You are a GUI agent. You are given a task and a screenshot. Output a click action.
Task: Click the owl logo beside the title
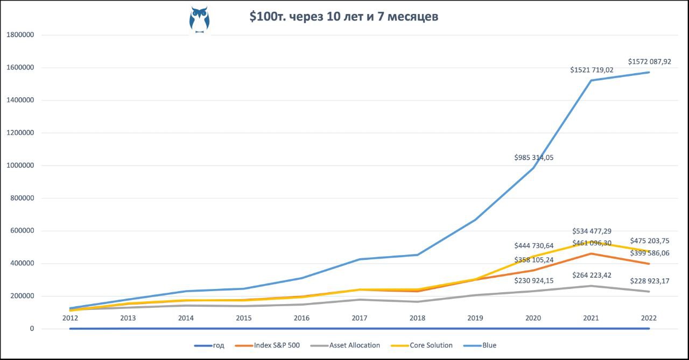199,20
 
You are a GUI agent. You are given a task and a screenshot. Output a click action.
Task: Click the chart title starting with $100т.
343,17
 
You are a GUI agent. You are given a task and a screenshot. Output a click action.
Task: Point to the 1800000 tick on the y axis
20,35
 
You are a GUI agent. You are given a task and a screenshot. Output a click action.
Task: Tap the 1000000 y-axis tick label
20,166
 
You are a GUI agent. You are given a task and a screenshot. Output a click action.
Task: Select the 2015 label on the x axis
244,318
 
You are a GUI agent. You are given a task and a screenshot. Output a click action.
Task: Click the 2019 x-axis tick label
475,318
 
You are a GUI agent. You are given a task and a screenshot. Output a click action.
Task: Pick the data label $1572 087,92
650,62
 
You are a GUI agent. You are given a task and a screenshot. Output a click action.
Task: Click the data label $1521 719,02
592,70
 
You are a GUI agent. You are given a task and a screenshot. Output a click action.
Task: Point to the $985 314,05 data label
534,158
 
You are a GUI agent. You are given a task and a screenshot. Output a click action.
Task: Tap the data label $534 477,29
592,231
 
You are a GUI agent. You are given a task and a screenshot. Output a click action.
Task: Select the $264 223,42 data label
592,276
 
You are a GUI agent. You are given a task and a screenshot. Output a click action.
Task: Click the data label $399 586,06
650,253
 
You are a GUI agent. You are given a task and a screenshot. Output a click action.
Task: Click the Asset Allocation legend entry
349,345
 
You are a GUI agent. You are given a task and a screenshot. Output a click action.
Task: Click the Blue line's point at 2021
592,81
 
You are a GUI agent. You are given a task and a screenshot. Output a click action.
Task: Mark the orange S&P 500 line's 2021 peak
592,253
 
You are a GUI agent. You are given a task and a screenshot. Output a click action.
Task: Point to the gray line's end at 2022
649,292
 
